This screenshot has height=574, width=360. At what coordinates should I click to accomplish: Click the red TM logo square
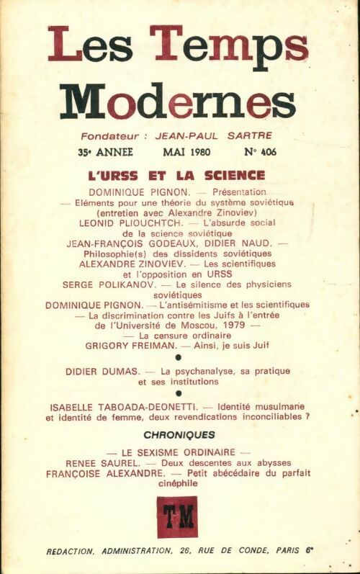click(x=177, y=516)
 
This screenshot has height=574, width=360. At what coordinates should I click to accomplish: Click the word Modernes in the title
click(x=178, y=102)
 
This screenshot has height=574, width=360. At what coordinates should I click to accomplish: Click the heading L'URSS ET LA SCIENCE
click(x=176, y=175)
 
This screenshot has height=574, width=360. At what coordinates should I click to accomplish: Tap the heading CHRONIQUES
click(x=179, y=434)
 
